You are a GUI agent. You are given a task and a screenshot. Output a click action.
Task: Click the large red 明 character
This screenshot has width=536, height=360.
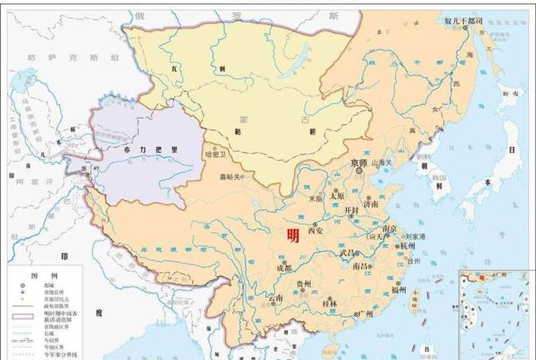click(x=293, y=236)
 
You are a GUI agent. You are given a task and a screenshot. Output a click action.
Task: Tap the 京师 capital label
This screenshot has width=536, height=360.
click(x=359, y=163)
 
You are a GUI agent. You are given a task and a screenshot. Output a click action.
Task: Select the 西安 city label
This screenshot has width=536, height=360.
click(x=316, y=229)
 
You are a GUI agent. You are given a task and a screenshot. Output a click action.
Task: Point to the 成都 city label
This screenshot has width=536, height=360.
click(x=283, y=267)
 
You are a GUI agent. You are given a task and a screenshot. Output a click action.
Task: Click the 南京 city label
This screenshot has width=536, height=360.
click(x=389, y=228)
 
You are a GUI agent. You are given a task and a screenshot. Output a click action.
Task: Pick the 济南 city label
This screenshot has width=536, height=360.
click(x=371, y=205)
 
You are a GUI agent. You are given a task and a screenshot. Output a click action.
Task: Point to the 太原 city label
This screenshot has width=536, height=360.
click(x=338, y=195)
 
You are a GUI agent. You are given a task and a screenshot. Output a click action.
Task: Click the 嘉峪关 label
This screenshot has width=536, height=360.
click(x=230, y=177)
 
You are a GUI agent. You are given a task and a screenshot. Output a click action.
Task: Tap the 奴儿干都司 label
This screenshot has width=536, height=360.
click(x=464, y=21)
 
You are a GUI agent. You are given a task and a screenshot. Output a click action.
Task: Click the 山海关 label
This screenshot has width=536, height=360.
click(x=383, y=162)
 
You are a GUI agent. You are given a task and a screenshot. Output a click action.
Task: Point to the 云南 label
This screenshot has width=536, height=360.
click(x=275, y=297)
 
